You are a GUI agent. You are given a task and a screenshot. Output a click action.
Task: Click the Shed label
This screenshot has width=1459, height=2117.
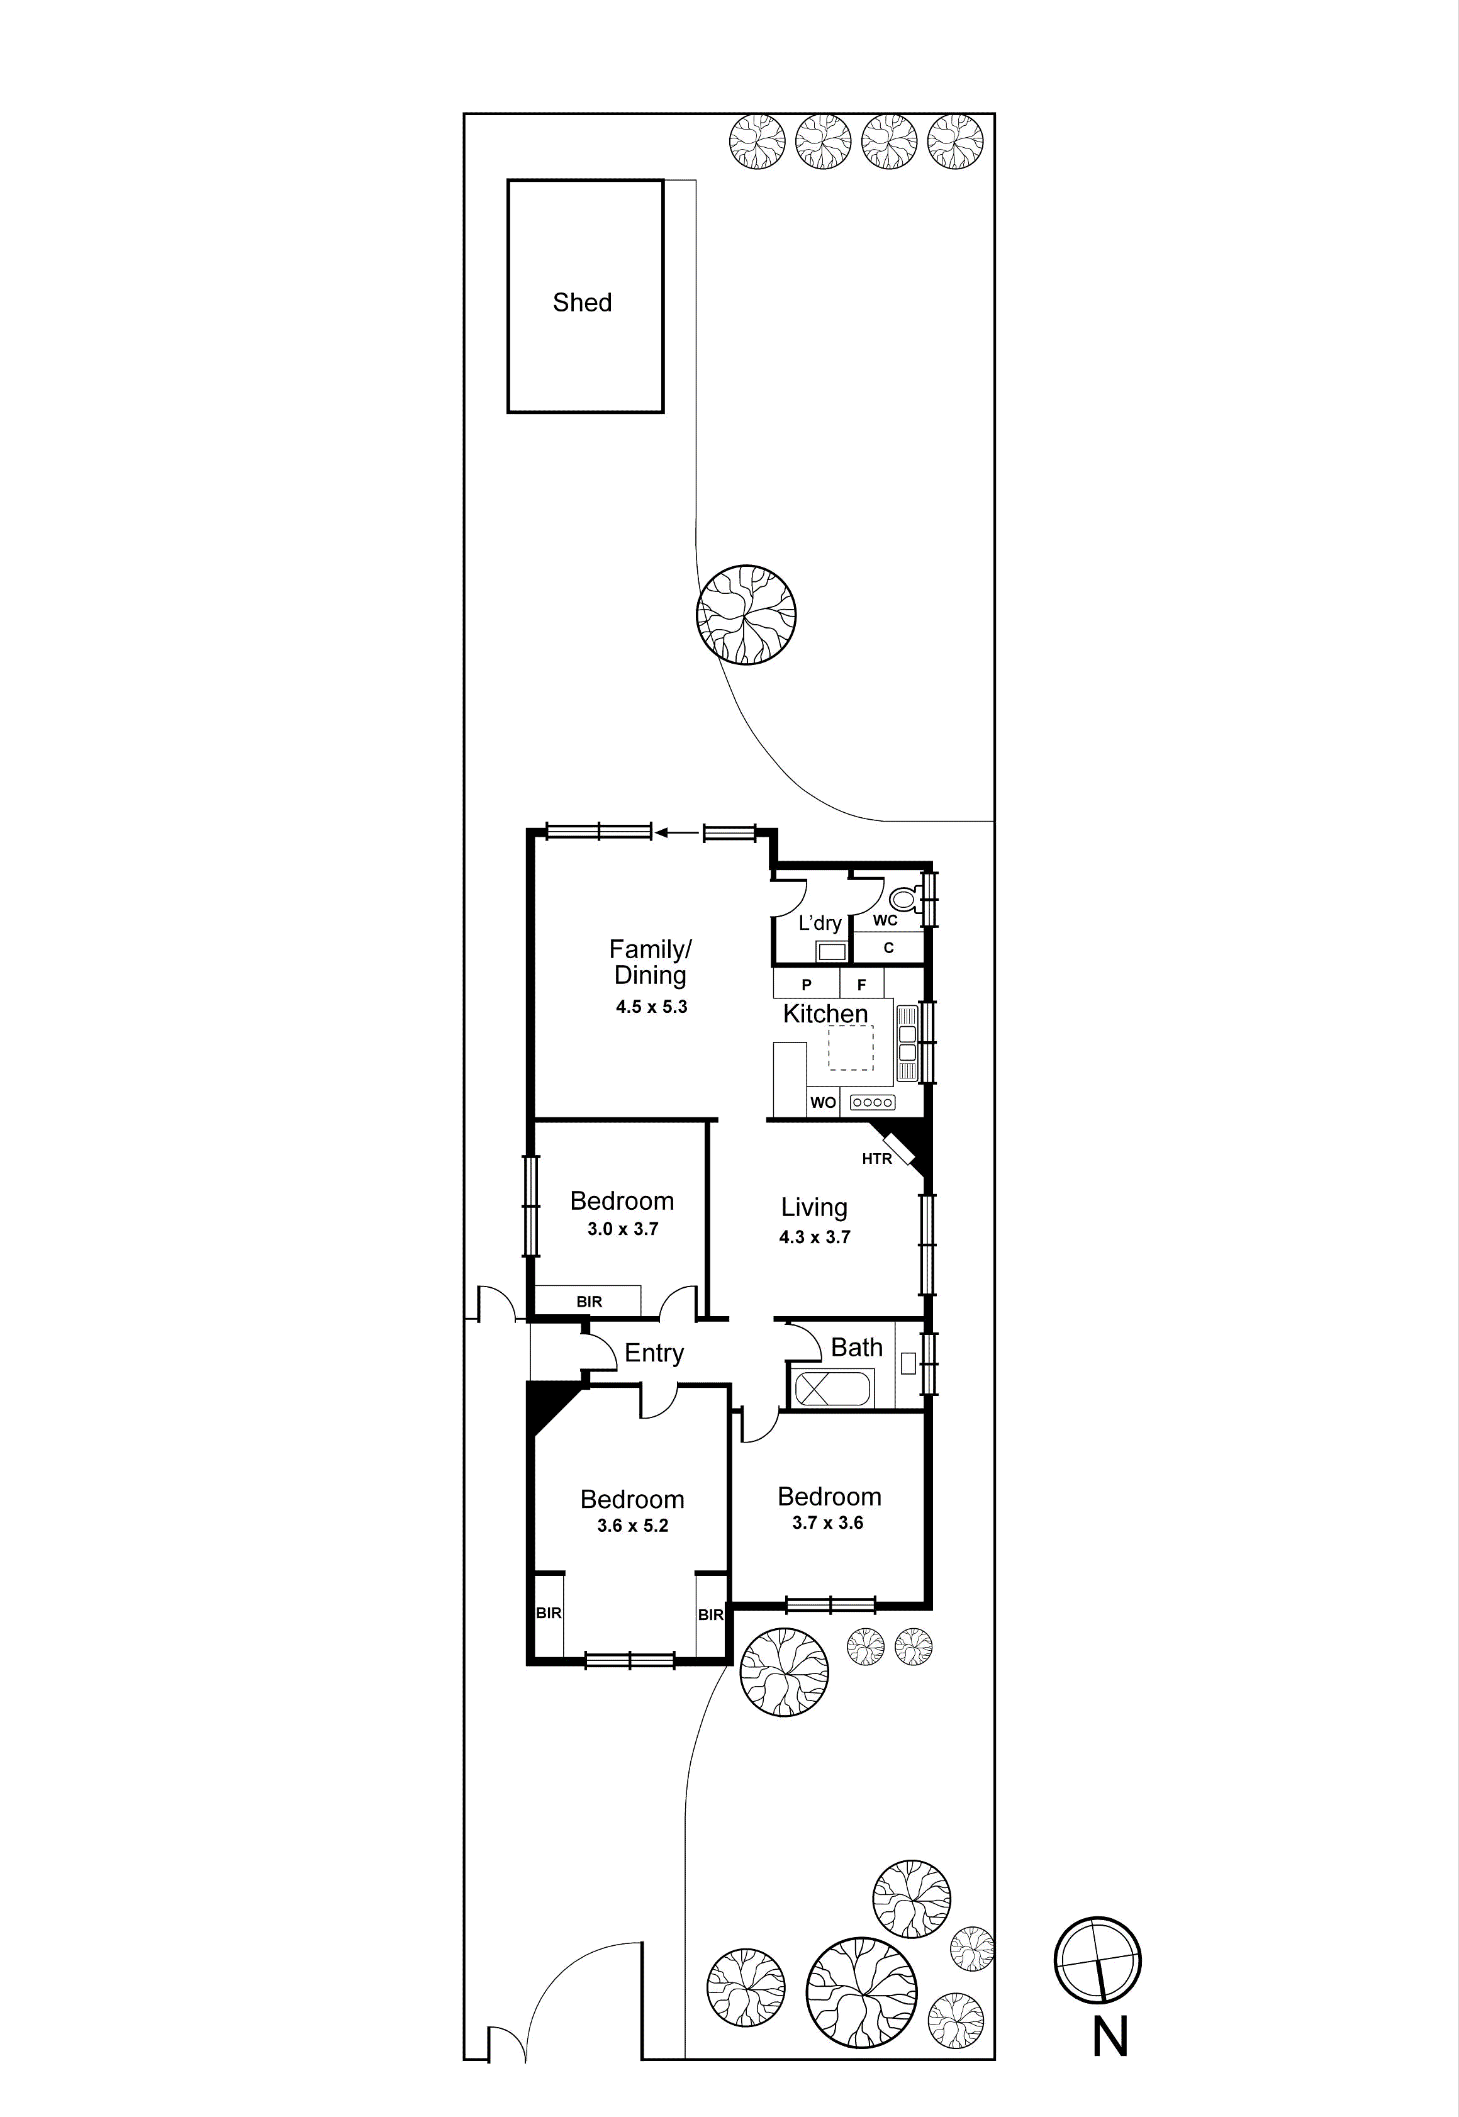[x=583, y=303]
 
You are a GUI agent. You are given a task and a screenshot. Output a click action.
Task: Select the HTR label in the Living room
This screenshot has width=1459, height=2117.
[x=876, y=1159]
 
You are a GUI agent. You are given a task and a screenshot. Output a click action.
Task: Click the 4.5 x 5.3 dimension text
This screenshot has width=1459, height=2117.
[x=651, y=1007]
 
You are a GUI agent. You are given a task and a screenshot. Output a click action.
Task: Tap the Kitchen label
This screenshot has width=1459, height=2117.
[x=825, y=1014]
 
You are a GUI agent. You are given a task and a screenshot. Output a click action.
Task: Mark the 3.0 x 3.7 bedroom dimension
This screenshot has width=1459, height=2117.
[x=622, y=1229]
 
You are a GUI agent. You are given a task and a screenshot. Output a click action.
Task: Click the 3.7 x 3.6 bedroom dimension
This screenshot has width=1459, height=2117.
[x=827, y=1523]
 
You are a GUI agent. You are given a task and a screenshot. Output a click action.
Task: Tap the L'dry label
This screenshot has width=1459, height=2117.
[x=819, y=923]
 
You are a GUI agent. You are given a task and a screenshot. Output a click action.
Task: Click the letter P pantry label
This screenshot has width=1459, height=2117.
[x=807, y=985]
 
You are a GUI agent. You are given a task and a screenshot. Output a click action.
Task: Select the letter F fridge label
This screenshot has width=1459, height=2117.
[x=861, y=985]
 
